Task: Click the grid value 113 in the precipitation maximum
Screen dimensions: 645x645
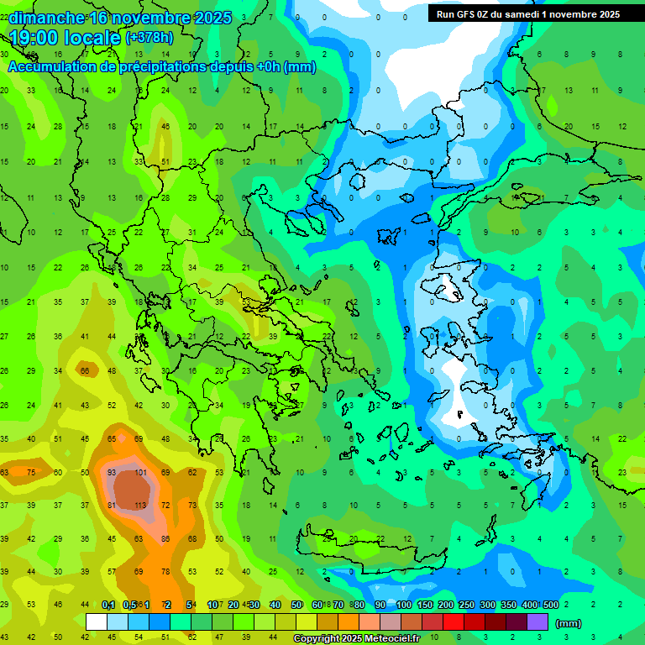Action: [139, 506]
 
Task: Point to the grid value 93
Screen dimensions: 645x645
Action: [112, 473]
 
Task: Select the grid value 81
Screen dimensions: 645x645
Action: [112, 506]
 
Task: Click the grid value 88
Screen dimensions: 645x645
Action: [166, 538]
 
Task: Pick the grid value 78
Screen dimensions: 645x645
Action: [166, 572]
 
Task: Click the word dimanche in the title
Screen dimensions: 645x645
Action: [45, 18]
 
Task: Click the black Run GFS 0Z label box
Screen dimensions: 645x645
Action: [525, 13]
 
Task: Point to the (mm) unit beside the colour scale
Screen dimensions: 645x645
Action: [569, 623]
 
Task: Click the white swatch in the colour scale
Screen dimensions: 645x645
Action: [97, 622]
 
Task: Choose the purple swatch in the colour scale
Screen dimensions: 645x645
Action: [537, 622]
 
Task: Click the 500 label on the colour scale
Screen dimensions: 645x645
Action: [550, 606]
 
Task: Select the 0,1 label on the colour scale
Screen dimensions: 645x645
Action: [108, 606]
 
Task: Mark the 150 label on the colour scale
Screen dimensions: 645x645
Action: [424, 606]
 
